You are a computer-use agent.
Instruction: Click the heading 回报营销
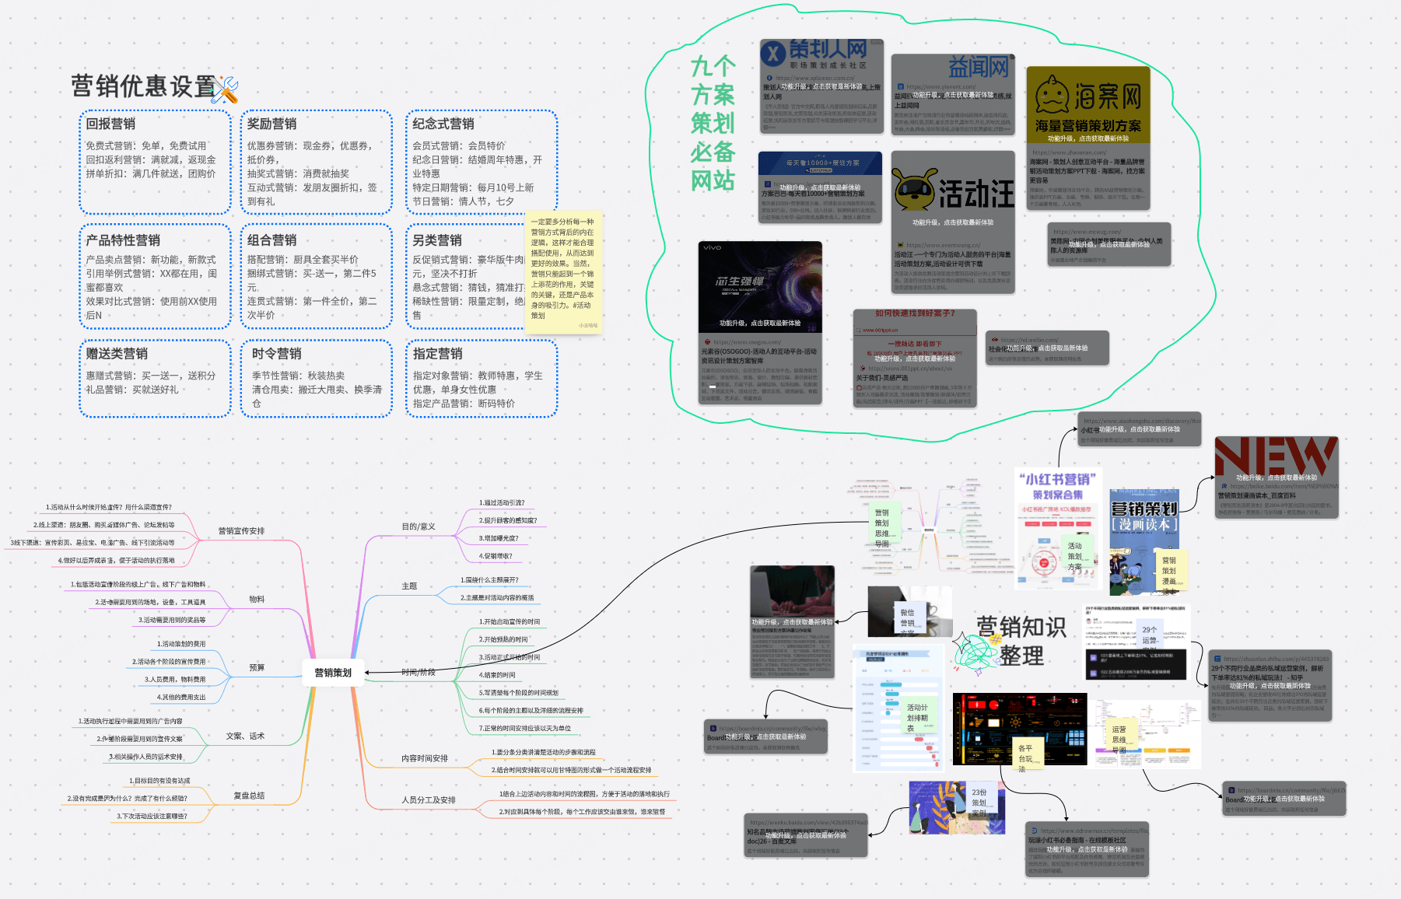click(x=110, y=124)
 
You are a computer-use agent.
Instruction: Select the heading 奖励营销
click(x=271, y=124)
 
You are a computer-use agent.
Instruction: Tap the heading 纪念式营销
click(x=443, y=124)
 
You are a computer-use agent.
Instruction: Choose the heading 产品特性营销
click(x=123, y=240)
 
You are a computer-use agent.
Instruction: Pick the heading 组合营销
click(x=271, y=240)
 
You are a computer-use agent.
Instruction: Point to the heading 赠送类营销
click(x=117, y=354)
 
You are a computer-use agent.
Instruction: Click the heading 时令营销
click(x=276, y=354)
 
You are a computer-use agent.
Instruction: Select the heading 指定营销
click(x=437, y=354)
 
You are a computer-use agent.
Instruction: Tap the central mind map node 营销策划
click(x=333, y=673)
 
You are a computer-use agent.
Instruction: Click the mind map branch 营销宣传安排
click(x=241, y=531)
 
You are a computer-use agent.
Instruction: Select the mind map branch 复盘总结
click(x=249, y=796)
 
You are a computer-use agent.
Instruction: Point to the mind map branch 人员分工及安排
click(x=429, y=799)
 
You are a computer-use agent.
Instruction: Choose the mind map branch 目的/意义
click(x=419, y=526)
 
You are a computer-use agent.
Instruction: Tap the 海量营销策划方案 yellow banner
click(x=1088, y=126)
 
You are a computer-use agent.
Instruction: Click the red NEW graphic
click(x=1276, y=455)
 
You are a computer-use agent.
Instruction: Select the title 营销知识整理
click(x=1021, y=641)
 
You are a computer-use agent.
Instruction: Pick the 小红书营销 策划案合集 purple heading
click(x=1057, y=486)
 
